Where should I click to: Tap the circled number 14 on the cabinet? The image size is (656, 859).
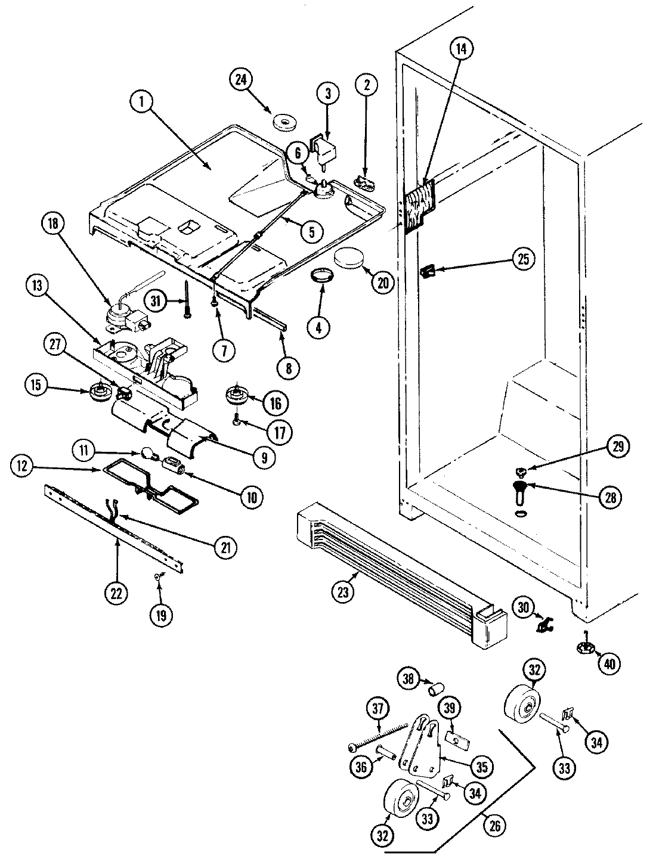click(460, 51)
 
